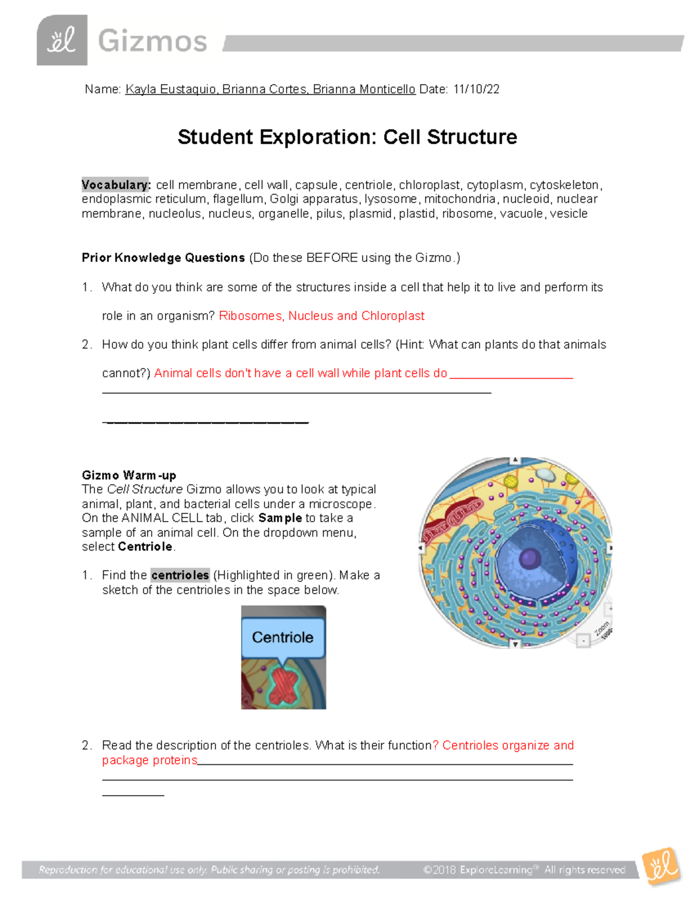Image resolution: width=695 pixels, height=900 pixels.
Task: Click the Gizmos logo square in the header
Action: tap(62, 40)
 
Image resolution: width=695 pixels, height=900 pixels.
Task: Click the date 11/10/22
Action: tap(476, 89)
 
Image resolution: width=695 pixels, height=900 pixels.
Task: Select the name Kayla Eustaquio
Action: tap(171, 89)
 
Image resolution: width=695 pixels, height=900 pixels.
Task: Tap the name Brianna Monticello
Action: tap(364, 89)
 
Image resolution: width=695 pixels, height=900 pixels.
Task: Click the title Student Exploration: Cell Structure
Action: tap(347, 137)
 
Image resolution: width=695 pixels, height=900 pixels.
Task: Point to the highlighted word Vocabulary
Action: tap(116, 185)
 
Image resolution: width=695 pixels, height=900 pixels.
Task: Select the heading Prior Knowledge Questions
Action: tap(163, 258)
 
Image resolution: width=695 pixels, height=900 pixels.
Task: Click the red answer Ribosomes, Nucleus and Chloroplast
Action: tap(321, 316)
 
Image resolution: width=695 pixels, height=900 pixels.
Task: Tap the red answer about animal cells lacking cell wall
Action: tap(301, 373)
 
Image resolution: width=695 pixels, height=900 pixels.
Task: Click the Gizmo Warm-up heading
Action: tap(129, 475)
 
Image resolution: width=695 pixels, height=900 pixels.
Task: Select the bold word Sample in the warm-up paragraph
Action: tap(280, 518)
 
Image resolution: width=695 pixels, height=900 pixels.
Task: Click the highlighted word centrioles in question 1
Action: tap(180, 575)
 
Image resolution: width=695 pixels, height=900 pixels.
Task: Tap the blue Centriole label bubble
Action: tap(283, 637)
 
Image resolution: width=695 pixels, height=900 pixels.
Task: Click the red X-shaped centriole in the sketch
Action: tap(283, 687)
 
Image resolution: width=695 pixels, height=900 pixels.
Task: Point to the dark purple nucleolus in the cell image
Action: tap(529, 559)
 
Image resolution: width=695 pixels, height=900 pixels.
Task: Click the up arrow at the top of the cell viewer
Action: tap(515, 460)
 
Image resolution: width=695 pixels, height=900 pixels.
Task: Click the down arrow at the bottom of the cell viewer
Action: tap(515, 644)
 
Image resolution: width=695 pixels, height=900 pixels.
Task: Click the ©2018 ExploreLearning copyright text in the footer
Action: tap(524, 869)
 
